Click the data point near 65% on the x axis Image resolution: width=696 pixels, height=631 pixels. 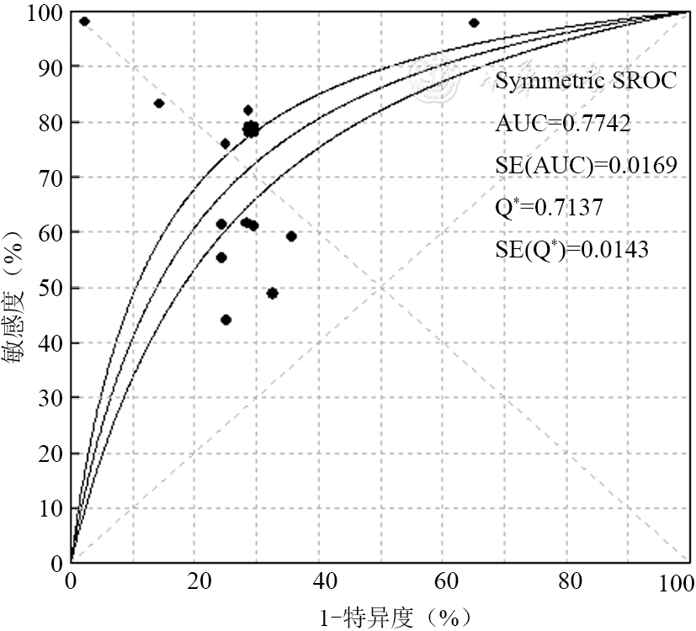coord(474,23)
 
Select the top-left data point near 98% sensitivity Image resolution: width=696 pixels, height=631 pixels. coord(84,21)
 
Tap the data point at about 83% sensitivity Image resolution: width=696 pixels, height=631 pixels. coord(159,103)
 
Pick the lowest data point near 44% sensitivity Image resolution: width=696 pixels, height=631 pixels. coord(226,320)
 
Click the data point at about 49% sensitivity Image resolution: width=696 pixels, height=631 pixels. coord(272,293)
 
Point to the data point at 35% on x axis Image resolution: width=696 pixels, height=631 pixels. coord(291,236)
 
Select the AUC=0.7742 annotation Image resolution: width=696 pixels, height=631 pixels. coord(563,124)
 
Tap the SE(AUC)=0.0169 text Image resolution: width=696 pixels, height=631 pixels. coord(586,166)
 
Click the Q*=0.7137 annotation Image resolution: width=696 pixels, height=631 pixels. coord(549,207)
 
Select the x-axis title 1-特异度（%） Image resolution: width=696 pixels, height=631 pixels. coord(395,618)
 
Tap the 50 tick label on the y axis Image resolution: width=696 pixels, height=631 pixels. coord(47,288)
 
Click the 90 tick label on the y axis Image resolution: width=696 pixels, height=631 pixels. coord(47,66)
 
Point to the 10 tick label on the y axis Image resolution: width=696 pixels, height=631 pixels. coord(47,508)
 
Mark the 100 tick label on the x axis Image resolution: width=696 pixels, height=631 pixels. coord(677,581)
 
